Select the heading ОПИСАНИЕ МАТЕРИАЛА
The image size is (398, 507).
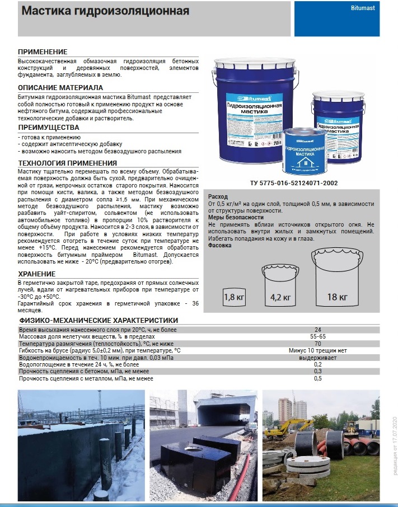[x=60, y=88]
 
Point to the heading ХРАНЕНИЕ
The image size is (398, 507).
[x=36, y=274]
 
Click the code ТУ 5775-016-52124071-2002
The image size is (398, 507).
[x=294, y=182]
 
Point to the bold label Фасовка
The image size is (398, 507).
[x=220, y=245]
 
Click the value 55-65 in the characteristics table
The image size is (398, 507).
[x=317, y=337]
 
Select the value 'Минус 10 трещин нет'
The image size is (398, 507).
[x=317, y=350]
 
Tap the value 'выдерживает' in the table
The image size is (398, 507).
[x=317, y=357]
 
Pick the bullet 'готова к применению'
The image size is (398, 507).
[x=51, y=137]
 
